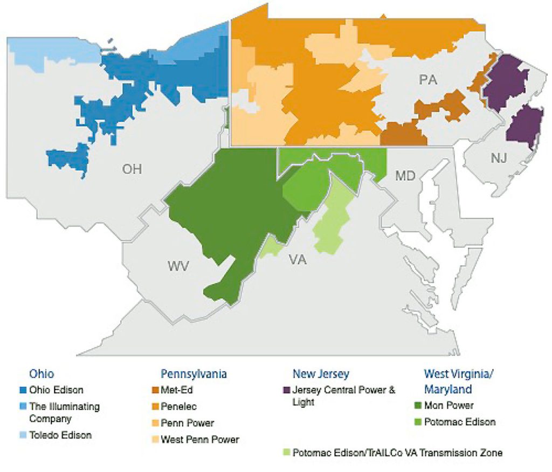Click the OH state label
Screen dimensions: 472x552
132,169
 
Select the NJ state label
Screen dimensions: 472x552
499,158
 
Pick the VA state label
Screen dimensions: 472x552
297,261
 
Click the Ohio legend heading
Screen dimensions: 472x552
42,374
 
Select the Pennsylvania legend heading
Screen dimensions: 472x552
194,374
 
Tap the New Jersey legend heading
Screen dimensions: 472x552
321,374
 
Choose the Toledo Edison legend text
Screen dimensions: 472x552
60,435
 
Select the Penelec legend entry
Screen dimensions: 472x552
181,407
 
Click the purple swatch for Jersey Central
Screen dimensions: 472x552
286,390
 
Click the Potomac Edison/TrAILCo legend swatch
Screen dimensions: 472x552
286,453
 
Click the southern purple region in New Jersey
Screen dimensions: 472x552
526,127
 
